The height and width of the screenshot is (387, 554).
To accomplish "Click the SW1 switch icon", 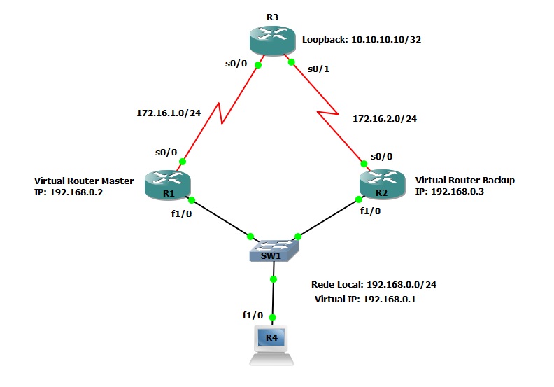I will pyautogui.click(x=274, y=249).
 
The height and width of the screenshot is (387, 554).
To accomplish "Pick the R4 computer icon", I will pyautogui.click(x=273, y=346).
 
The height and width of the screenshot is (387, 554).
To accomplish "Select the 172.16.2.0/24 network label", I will pyautogui.click(x=385, y=119).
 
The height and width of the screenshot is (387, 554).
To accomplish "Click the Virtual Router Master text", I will pyautogui.click(x=84, y=181).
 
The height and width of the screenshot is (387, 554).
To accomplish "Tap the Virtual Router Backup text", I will pyautogui.click(x=464, y=180).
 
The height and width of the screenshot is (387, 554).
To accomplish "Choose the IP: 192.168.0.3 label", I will pyautogui.click(x=450, y=191).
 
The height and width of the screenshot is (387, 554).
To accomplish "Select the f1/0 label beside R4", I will pyautogui.click(x=253, y=316).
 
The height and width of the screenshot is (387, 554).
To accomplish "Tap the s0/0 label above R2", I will pyautogui.click(x=381, y=156).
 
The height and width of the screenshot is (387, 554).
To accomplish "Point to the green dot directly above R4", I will pyautogui.click(x=273, y=317).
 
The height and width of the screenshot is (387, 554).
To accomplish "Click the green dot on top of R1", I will pyautogui.click(x=182, y=162).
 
